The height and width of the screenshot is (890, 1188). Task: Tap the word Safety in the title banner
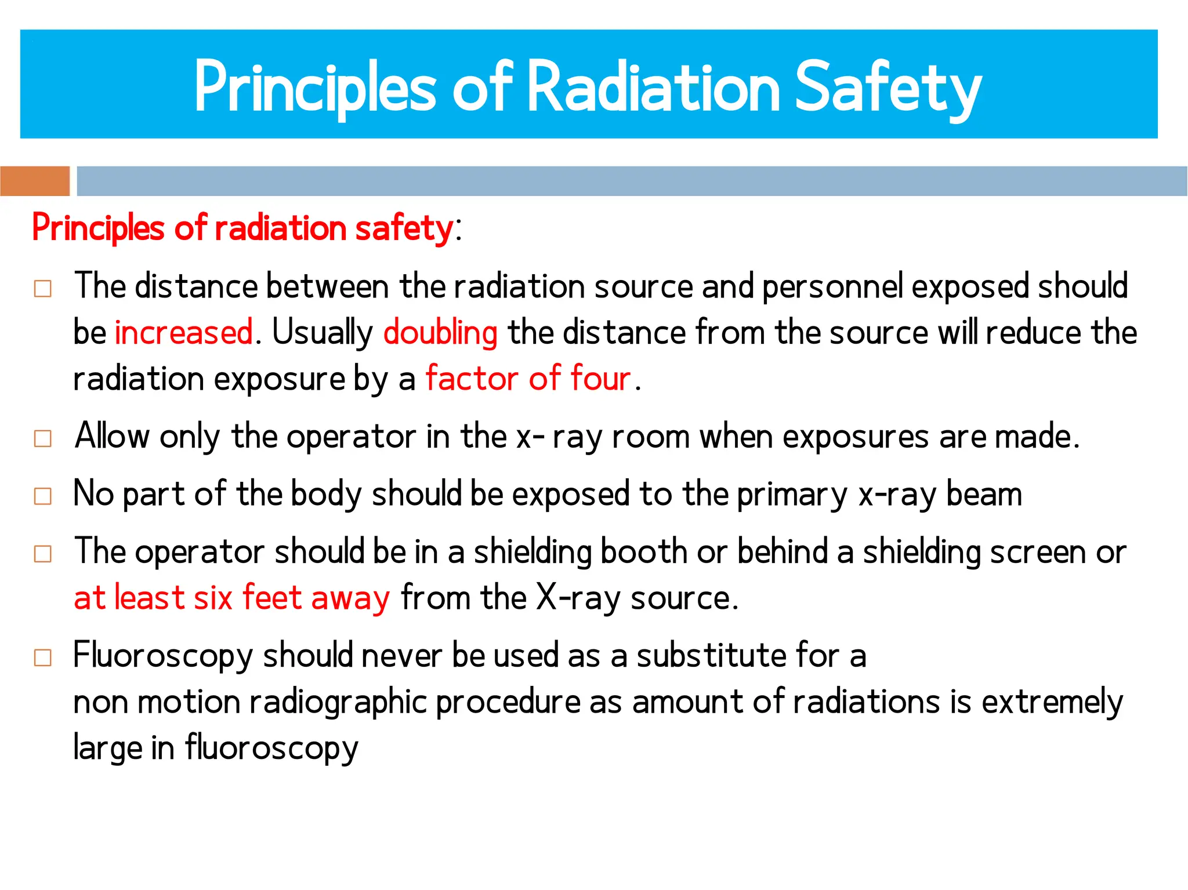pos(888,87)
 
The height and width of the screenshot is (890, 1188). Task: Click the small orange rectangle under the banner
pos(35,181)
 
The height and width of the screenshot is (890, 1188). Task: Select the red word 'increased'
pos(183,332)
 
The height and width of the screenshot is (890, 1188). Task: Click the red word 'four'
pos(600,379)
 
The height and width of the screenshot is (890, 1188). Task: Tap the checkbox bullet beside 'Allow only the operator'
pos(43,438)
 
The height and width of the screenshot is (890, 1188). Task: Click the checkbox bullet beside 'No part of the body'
pos(43,496)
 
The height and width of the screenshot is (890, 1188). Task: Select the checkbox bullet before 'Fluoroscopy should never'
pos(43,657)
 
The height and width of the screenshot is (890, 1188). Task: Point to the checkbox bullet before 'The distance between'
pos(43,288)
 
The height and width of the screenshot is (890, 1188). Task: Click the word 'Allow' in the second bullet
pos(112,436)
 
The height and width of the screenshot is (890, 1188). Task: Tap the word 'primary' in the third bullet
pos(792,495)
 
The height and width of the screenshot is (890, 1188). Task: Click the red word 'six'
pos(213,598)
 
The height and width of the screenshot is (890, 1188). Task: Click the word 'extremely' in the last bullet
pos(1052,703)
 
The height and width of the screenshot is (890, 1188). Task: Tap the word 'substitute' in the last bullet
pos(711,656)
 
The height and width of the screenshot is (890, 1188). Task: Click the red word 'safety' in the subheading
pos(404,228)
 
